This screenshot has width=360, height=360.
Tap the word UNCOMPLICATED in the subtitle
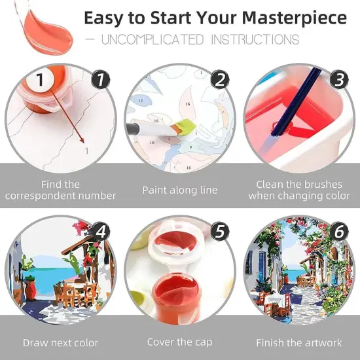click(x=148, y=39)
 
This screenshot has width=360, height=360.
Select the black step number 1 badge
click(x=100, y=81)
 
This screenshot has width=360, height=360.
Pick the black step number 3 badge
click(x=339, y=80)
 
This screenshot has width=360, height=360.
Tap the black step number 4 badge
click(x=100, y=232)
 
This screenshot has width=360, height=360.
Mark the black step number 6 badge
click(x=339, y=232)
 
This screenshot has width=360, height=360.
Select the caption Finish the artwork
click(x=298, y=342)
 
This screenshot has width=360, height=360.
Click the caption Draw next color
click(x=60, y=342)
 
